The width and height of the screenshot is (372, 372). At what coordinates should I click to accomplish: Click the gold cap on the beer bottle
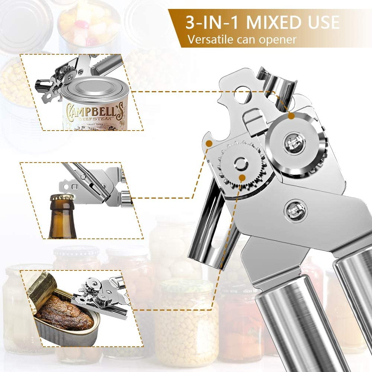(x=62, y=198)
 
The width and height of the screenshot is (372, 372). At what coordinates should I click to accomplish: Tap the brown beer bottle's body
(x=62, y=223)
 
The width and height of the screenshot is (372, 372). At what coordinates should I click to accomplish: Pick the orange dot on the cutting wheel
(x=291, y=116)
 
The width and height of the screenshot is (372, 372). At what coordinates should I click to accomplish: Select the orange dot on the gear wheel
(x=242, y=178)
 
